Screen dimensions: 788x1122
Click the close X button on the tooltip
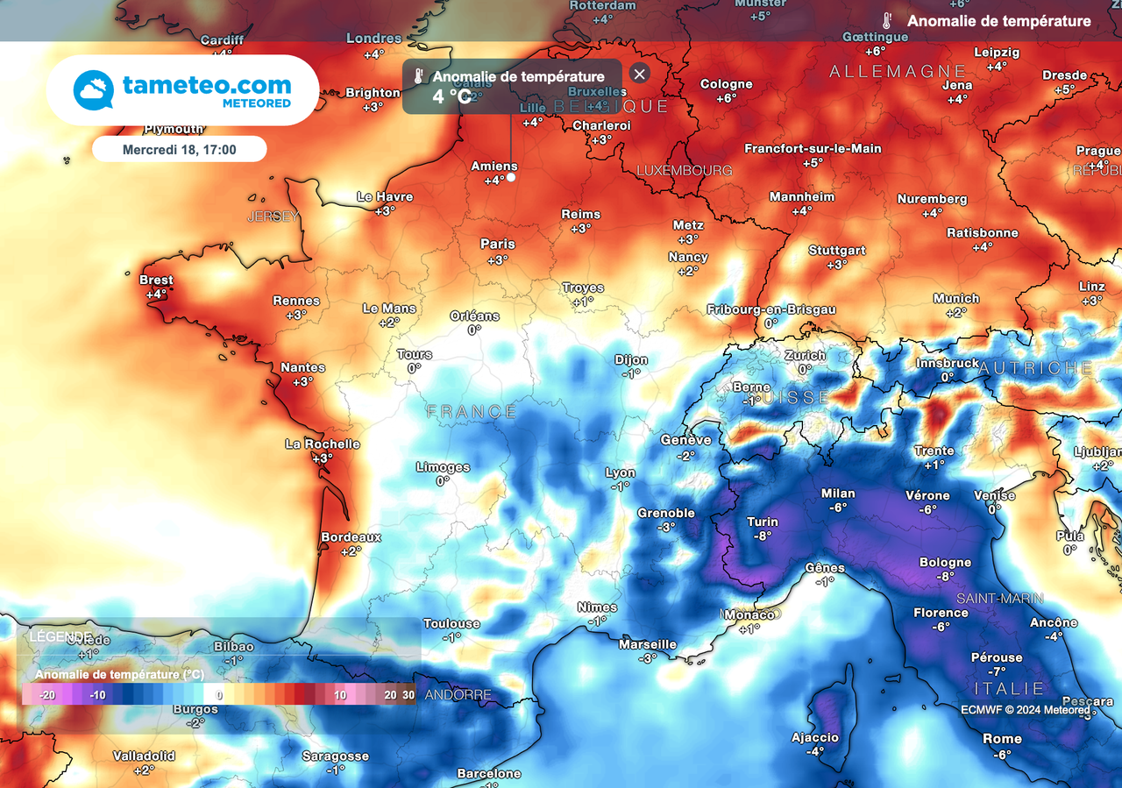point(640,75)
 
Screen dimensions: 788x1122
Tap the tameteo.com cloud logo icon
point(94,89)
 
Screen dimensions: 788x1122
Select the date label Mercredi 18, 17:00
point(179,150)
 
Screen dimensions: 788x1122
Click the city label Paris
point(497,244)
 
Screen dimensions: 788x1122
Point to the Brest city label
point(156,280)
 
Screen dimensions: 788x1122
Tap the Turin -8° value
point(762,536)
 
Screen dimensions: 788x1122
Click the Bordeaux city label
point(351,536)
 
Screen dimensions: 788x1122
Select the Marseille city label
point(647,644)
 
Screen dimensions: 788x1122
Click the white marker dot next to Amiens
point(510,177)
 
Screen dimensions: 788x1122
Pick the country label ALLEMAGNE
point(898,71)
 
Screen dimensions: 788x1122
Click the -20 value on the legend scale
point(47,695)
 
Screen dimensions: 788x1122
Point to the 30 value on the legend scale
point(408,695)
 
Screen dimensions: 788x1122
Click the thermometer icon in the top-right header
point(887,21)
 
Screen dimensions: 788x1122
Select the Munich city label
point(955,299)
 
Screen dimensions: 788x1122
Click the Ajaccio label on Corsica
point(814,737)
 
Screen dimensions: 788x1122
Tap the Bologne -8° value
point(945,577)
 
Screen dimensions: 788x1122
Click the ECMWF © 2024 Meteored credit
point(1025,709)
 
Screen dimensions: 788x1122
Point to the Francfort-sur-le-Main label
point(813,149)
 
